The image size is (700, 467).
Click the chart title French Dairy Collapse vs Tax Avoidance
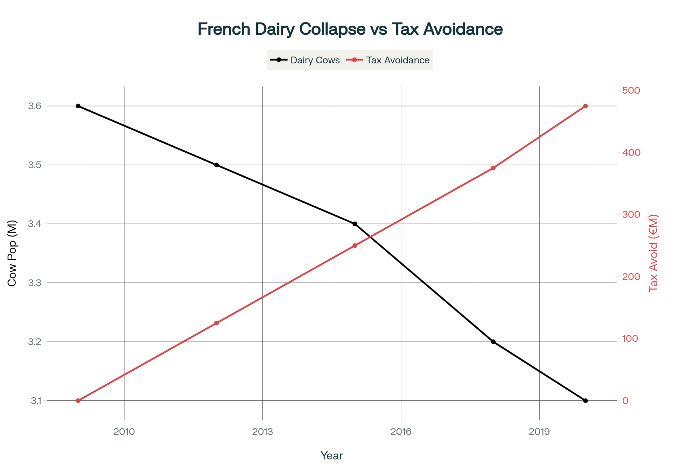(x=350, y=29)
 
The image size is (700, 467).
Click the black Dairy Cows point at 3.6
(x=78, y=106)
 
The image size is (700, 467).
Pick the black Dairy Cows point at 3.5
(x=216, y=165)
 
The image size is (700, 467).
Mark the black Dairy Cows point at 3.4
(x=355, y=224)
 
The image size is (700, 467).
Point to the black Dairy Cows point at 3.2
(x=493, y=342)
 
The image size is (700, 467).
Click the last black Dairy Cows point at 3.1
(x=586, y=400)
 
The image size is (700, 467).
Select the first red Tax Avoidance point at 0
(x=78, y=400)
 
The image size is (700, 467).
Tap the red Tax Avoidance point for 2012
(x=216, y=323)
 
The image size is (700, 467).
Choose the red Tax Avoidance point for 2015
(x=355, y=246)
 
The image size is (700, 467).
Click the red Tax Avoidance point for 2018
(x=493, y=168)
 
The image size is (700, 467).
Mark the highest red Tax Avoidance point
(x=586, y=106)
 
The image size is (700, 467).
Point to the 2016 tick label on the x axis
(x=401, y=432)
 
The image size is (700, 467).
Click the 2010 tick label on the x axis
(x=124, y=432)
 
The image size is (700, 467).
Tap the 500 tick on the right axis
(x=631, y=90)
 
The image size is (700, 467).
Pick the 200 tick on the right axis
(x=631, y=276)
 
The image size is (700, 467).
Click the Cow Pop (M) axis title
(x=12, y=253)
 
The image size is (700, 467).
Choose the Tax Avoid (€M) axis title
(x=653, y=253)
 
